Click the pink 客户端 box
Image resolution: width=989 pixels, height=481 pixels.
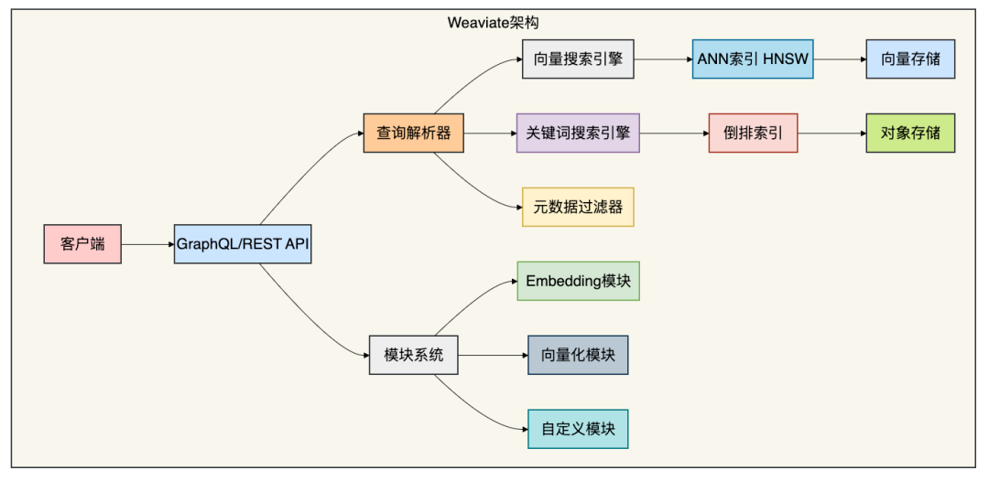pyautogui.click(x=82, y=243)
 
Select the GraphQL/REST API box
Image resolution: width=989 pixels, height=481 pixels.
pyautogui.click(x=243, y=243)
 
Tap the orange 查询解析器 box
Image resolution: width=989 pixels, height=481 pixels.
pyautogui.click(x=414, y=133)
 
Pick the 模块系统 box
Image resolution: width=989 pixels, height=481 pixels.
pyautogui.click(x=414, y=355)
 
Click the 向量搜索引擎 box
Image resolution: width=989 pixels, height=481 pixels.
pyautogui.click(x=578, y=59)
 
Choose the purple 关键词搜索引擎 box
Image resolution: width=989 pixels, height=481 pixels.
pyautogui.click(x=578, y=133)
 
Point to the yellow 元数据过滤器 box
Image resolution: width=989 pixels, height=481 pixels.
pyautogui.click(x=578, y=207)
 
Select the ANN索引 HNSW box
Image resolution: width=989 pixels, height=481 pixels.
pyautogui.click(x=753, y=59)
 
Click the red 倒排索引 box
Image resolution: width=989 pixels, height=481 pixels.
pyautogui.click(x=753, y=133)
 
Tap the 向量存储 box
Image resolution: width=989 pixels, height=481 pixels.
pyautogui.click(x=910, y=59)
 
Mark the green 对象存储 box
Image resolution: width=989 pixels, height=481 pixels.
pyautogui.click(x=910, y=133)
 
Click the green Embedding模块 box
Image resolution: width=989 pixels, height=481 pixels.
pyautogui.click(x=578, y=281)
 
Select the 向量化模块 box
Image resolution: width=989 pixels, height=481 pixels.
pyautogui.click(x=578, y=355)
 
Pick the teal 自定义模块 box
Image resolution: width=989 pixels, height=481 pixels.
pyautogui.click(x=578, y=429)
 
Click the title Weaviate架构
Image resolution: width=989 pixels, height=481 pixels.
pyautogui.click(x=494, y=23)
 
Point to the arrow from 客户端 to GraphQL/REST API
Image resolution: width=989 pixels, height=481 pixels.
pyautogui.click(x=147, y=244)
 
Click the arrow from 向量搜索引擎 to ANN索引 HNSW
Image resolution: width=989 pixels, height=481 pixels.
pyautogui.click(x=663, y=59)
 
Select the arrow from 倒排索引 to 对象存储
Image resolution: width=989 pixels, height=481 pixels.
pyautogui.click(x=831, y=133)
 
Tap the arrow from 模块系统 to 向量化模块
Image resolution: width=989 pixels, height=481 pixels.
pyautogui.click(x=494, y=355)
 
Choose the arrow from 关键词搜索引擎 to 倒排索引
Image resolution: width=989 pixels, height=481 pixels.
pyautogui.click(x=674, y=133)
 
